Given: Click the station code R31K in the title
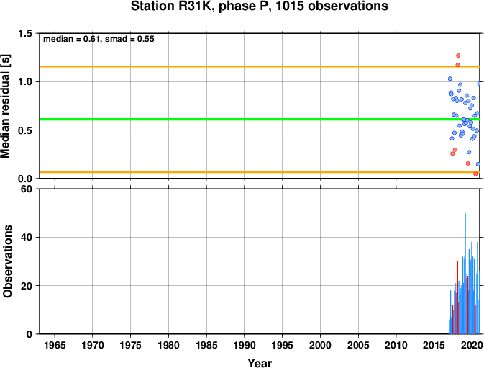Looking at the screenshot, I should [x=205, y=7].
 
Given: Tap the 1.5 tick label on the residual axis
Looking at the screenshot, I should [x=25, y=34].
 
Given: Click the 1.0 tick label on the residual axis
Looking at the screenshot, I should [x=25, y=82].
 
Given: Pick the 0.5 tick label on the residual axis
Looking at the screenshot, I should [x=25, y=130].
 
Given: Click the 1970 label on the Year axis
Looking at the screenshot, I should [x=93, y=345].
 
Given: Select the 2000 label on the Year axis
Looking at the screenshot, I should [x=320, y=345].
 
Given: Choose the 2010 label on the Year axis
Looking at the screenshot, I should [x=396, y=345].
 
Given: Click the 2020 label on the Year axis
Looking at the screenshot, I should [x=472, y=345].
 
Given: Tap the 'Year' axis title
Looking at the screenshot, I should [x=259, y=363].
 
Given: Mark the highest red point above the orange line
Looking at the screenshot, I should [x=458, y=55].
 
